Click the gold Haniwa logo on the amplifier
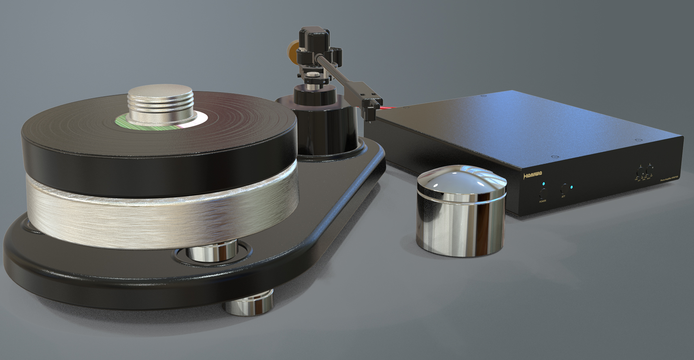(533, 174)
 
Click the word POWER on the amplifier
(543, 201)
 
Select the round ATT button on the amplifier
(565, 189)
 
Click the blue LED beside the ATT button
(571, 187)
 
